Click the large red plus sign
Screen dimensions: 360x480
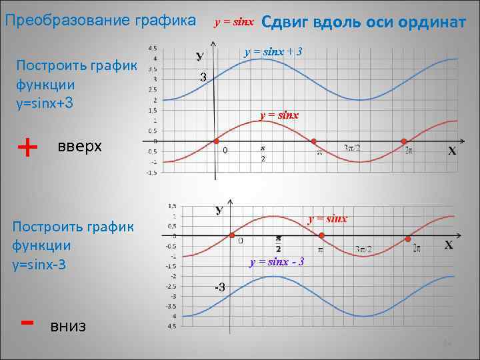27,146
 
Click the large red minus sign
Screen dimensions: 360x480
27,322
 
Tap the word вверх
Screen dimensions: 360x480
80,146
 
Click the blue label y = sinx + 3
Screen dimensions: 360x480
273,51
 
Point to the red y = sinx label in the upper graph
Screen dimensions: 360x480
279,115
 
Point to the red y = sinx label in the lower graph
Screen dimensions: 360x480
327,218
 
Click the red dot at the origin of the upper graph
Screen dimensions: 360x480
215,141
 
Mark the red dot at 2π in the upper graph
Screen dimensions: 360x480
404,141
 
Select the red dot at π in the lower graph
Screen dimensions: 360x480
321,236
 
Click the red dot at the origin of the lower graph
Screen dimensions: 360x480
231,235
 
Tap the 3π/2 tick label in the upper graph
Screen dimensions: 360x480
352,148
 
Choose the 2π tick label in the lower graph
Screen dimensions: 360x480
417,248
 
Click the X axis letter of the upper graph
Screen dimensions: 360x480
452,151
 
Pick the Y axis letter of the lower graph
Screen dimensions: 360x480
219,211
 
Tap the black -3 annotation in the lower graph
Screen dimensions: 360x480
219,287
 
